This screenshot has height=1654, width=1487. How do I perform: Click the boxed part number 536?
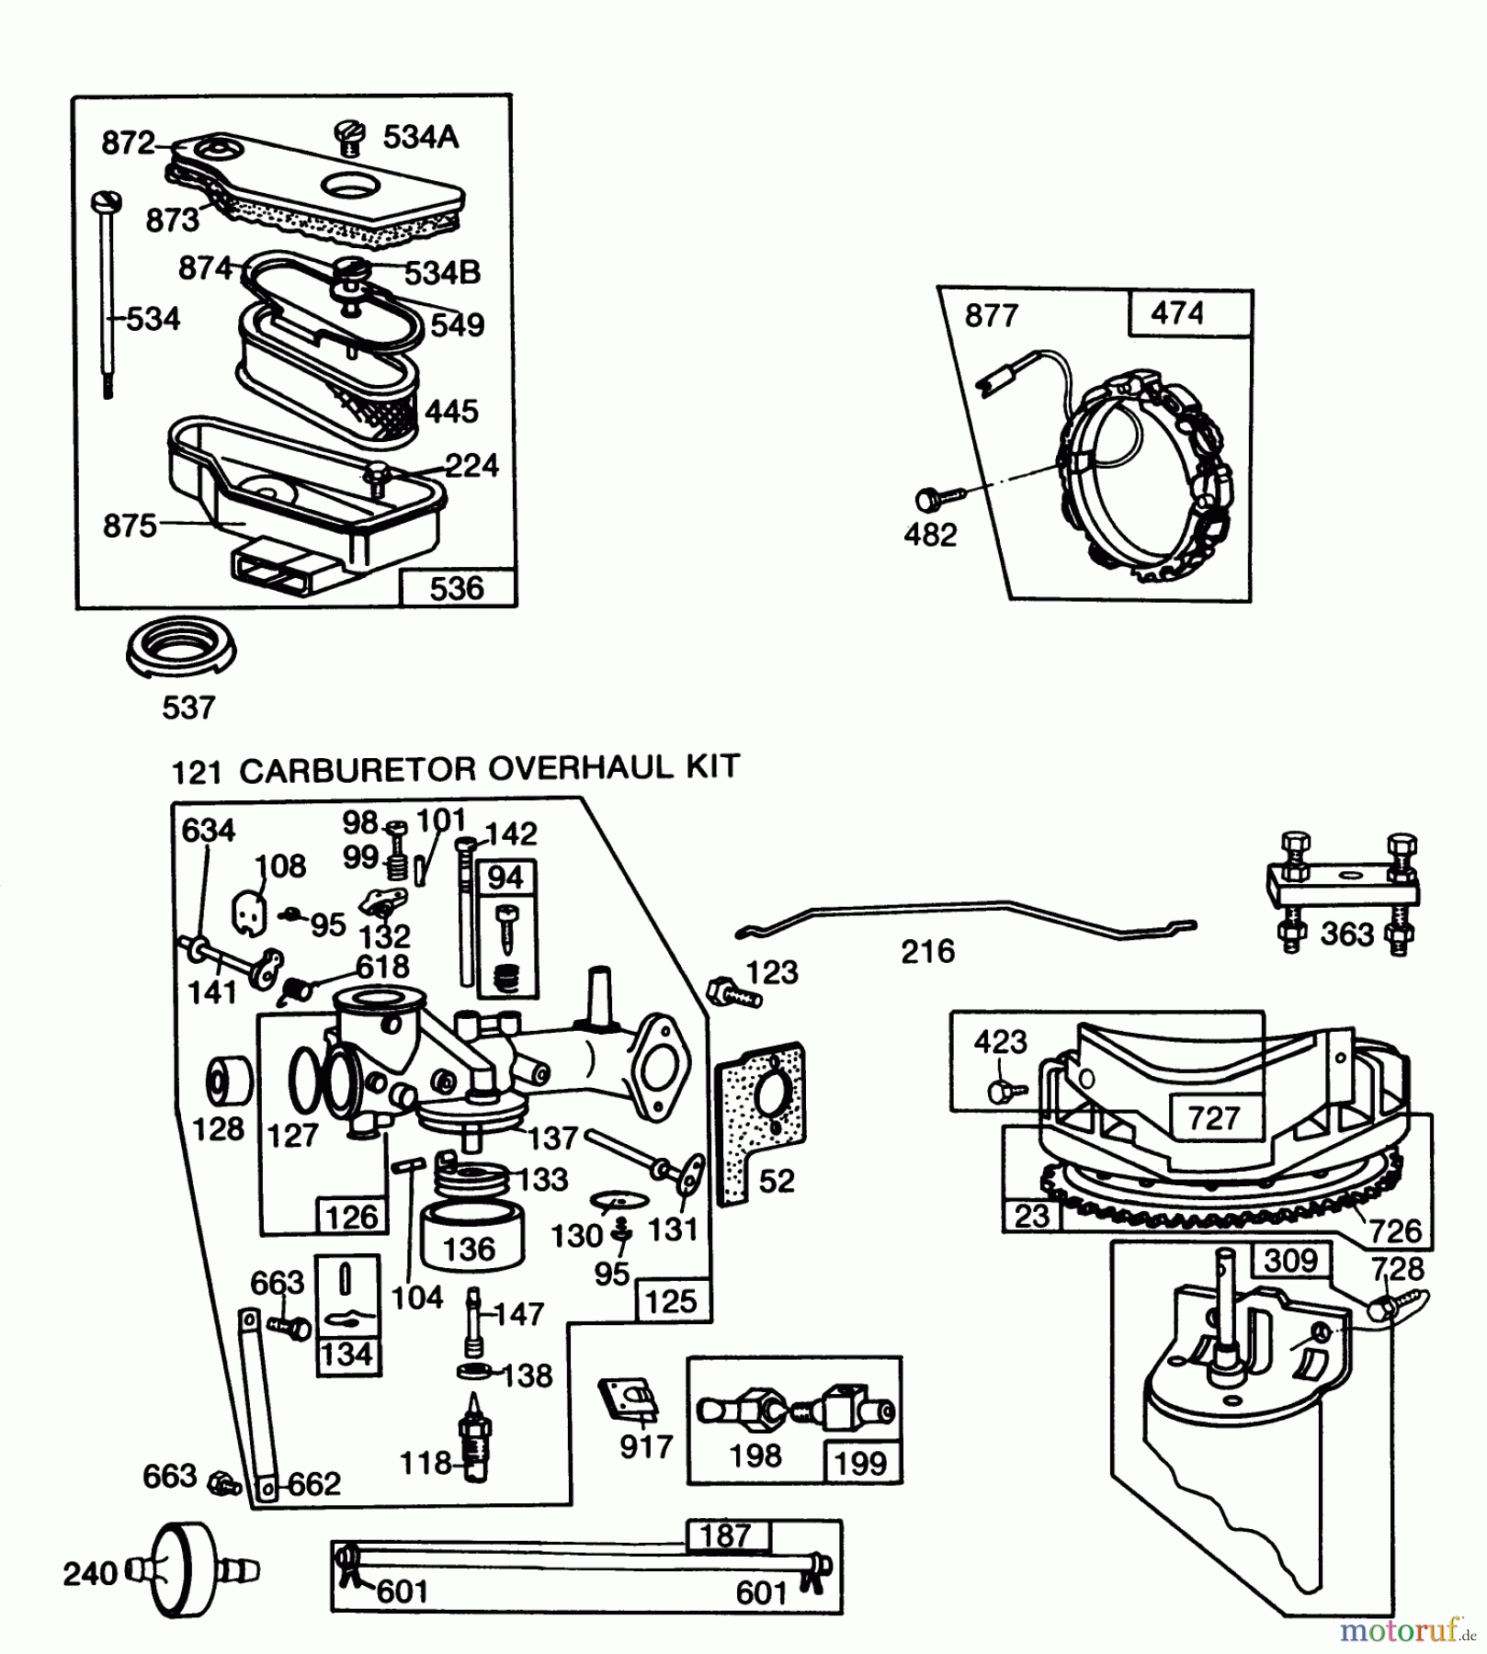point(457,587)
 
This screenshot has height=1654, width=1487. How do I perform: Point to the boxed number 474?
point(1176,313)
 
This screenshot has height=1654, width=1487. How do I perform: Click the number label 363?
point(1346,934)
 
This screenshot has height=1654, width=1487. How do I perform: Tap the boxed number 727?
point(1213,1117)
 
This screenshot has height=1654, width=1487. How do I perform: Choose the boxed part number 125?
point(671,1301)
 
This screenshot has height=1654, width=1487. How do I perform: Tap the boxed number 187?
point(725,1535)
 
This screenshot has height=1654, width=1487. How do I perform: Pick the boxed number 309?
point(1290,1260)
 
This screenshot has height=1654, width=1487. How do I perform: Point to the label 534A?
point(420,137)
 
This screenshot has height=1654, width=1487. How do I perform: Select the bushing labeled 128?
point(228,1082)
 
